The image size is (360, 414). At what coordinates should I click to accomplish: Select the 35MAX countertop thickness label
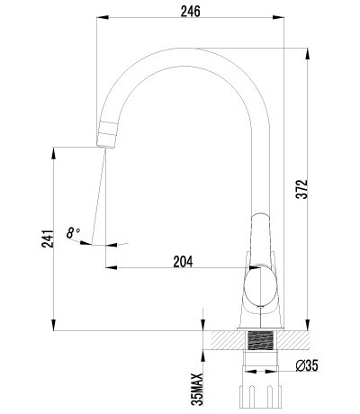pos(195,378)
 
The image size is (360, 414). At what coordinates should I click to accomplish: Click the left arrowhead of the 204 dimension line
pos(110,267)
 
